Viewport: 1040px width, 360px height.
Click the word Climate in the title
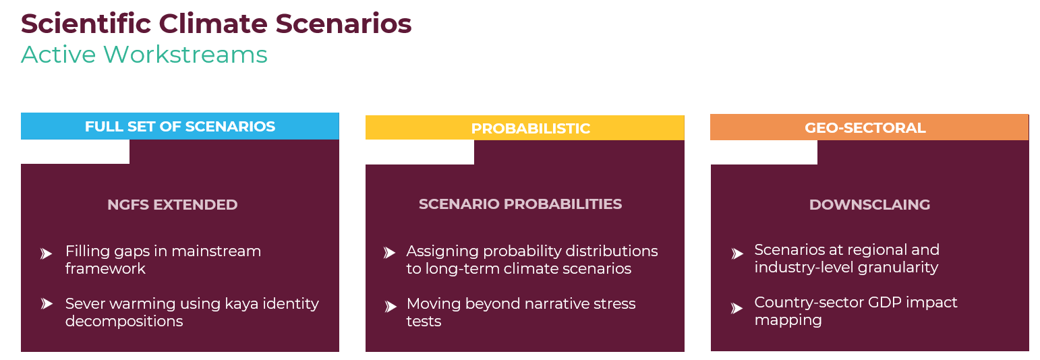click(x=213, y=24)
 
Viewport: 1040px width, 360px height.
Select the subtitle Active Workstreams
click(x=144, y=55)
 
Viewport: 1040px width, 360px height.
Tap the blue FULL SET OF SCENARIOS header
click(x=179, y=126)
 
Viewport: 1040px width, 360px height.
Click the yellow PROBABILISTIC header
click(x=525, y=127)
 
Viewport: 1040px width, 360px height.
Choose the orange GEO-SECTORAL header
click(x=869, y=127)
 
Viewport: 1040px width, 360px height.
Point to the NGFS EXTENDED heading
click(x=172, y=204)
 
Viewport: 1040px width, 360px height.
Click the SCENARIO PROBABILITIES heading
click(x=520, y=204)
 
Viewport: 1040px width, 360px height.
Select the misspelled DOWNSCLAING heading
click(x=869, y=204)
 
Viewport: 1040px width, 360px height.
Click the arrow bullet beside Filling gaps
click(x=46, y=253)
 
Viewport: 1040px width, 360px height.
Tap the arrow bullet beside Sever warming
click(x=47, y=304)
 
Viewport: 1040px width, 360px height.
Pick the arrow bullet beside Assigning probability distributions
click(x=389, y=253)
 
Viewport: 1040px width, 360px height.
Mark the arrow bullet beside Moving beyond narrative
click(x=391, y=307)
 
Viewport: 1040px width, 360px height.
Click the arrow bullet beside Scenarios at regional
click(x=737, y=253)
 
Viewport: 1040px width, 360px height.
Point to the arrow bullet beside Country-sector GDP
click(x=736, y=308)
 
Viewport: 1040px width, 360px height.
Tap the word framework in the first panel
click(x=105, y=268)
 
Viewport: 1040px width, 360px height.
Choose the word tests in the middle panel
click(x=424, y=322)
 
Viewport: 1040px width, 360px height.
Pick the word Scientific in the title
click(x=86, y=24)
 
